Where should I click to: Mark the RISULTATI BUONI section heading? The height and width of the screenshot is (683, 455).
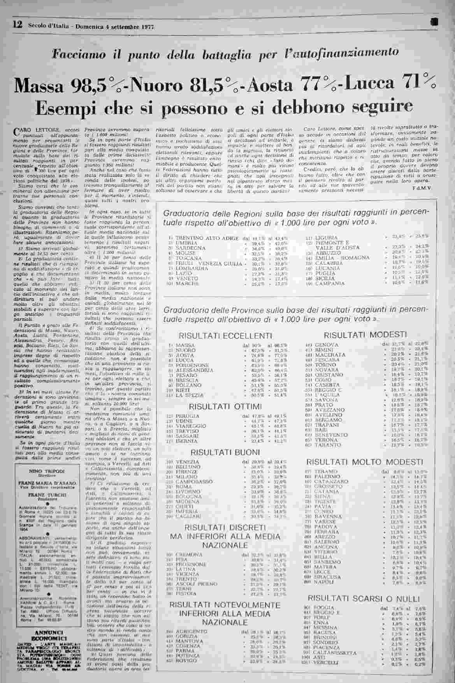(225, 452)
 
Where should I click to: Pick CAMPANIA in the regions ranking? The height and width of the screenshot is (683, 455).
(330, 284)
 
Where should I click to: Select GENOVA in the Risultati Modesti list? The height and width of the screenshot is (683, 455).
(327, 345)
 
